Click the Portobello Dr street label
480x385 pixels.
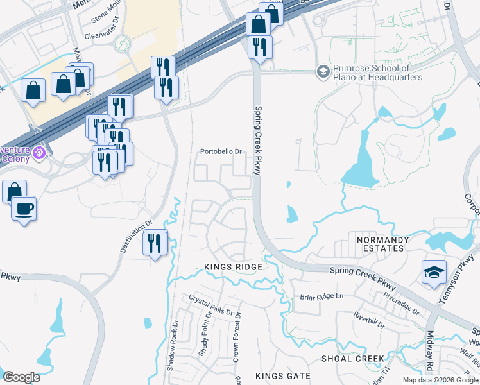[220, 152]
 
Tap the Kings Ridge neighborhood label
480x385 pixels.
[233, 267]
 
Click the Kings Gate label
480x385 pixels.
[282, 376]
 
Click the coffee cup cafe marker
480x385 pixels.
[24, 209]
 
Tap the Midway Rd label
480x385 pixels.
[430, 351]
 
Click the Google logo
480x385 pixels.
[21, 377]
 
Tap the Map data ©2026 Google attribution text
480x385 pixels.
[440, 380]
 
